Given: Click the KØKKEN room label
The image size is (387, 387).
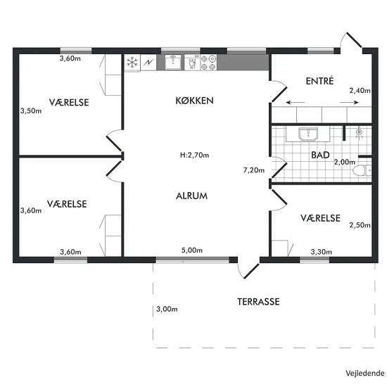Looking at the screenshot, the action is pos(194,101).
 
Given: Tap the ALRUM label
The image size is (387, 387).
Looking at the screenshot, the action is pos(192,196).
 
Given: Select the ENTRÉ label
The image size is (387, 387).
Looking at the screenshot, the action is pos(319,81).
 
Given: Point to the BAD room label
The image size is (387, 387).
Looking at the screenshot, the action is pos(320,155).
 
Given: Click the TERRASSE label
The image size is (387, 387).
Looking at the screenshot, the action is pos(258,302).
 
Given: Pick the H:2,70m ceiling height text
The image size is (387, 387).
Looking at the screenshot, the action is pos(194,155).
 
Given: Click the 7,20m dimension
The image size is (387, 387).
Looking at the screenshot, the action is pos(254,170).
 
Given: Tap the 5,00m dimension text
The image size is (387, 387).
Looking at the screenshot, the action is pos(192,250).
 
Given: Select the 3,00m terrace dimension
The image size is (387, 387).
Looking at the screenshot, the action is pos(167,309).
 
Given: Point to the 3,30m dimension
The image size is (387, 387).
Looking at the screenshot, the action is pos(321,252).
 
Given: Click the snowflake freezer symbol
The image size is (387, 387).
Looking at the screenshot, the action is pos(132,62).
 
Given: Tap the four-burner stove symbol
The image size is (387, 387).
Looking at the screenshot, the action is pos(208,63).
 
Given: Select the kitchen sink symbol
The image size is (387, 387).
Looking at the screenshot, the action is pos(173,62).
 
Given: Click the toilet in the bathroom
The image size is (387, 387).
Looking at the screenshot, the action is pos(362,170).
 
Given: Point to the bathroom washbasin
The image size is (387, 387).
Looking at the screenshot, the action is pos(308,134).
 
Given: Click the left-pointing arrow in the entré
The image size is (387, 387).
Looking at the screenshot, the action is pos(296,103).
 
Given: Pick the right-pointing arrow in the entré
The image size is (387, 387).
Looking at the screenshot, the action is pos(350,103).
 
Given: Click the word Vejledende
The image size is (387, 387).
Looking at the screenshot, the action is pos(365,373).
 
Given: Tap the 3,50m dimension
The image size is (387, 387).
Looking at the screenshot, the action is pos(31,110).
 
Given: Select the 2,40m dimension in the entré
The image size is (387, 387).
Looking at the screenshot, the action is pos(360,91).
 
